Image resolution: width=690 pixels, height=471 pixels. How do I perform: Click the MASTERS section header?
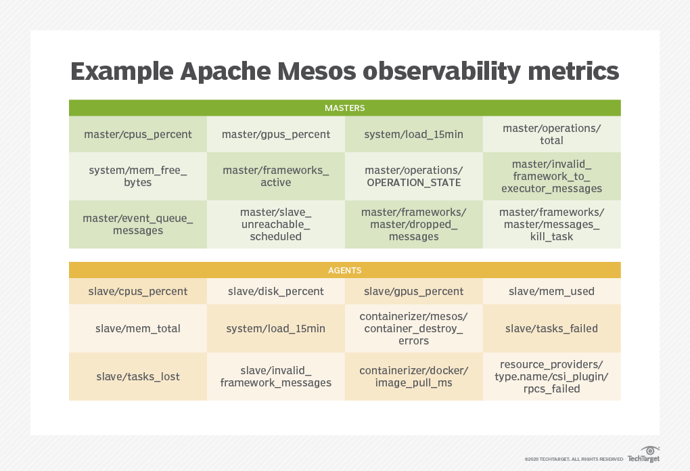[344, 108]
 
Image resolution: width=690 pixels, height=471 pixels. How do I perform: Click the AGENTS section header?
[344, 270]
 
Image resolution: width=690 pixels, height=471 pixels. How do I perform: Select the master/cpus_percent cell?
[137, 134]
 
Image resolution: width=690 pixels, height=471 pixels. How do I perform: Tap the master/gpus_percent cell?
[276, 134]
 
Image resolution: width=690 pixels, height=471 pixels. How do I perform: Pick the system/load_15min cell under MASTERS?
[413, 134]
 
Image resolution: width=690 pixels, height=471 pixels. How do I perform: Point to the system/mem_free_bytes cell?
[137, 176]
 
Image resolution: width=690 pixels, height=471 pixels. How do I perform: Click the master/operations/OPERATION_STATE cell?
[413, 176]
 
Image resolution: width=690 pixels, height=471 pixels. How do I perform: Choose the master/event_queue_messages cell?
[137, 224]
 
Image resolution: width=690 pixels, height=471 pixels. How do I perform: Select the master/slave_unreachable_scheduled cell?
[276, 224]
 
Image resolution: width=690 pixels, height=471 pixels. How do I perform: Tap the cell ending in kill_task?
[551, 224]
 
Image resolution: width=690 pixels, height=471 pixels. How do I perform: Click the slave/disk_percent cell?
[276, 291]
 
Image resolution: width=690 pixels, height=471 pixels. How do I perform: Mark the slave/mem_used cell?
[551, 291]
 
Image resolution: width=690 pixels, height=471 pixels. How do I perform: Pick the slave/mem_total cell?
[137, 328]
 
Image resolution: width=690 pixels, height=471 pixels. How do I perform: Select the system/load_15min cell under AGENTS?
[276, 328]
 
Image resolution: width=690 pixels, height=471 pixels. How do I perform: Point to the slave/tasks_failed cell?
[551, 328]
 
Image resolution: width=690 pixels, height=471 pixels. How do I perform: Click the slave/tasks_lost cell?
[137, 376]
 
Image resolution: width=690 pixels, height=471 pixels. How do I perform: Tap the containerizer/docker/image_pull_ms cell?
[413, 376]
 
